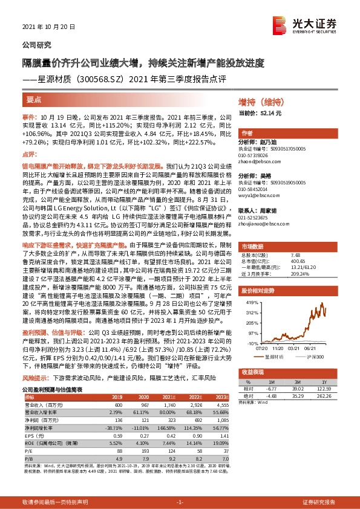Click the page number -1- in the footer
point(180,502)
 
